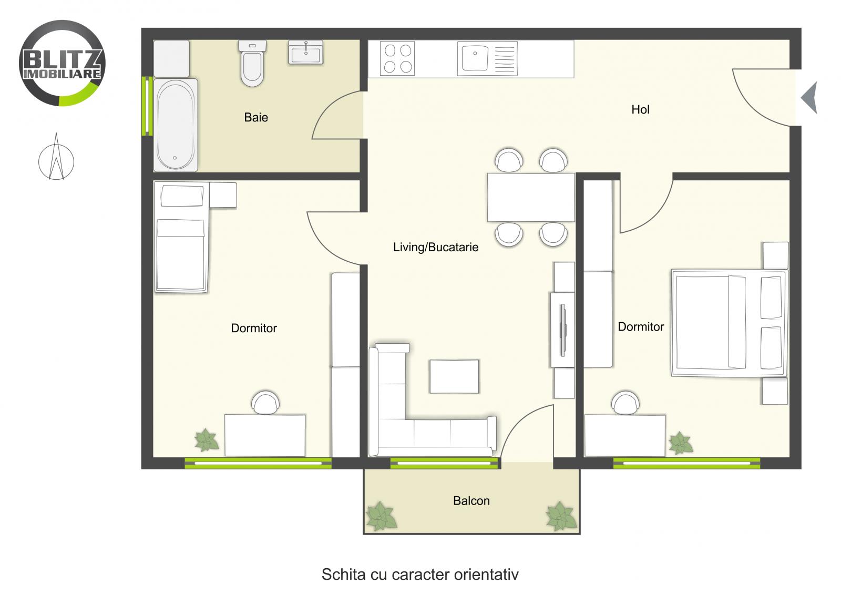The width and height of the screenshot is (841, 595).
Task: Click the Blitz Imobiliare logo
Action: tap(62, 63)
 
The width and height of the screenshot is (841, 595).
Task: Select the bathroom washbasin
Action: tap(305, 53)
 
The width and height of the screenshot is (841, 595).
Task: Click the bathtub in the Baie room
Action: tap(176, 125)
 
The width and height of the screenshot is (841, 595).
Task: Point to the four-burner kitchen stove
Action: tap(397, 58)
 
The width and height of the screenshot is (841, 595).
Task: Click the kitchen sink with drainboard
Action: tap(487, 58)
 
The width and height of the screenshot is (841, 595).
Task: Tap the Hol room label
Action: tap(640, 109)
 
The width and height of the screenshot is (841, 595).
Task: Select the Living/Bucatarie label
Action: tap(436, 247)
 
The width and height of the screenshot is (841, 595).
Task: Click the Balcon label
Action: tap(471, 501)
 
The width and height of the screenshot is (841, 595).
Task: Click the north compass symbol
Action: tap(56, 158)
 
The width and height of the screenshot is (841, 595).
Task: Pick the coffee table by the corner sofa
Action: tap(454, 376)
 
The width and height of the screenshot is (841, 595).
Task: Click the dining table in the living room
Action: tap(530, 197)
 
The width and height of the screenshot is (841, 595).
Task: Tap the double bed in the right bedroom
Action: tap(729, 323)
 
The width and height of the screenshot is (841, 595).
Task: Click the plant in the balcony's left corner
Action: tap(381, 516)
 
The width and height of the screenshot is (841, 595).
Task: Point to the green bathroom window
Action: tap(148, 106)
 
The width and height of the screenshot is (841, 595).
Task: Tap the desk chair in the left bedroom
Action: tap(265, 403)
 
